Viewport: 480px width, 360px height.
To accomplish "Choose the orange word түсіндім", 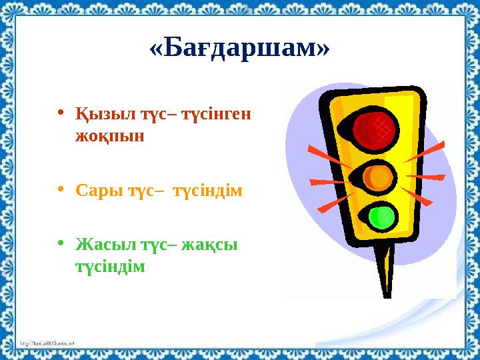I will tap(208, 191).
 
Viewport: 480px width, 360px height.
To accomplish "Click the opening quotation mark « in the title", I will tap(157, 48).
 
